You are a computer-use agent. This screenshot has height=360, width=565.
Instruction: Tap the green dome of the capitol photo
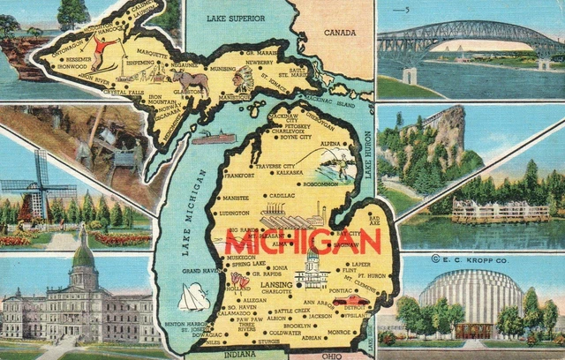(83, 259)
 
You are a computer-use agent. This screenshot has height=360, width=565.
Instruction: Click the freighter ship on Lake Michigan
(213, 138)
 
